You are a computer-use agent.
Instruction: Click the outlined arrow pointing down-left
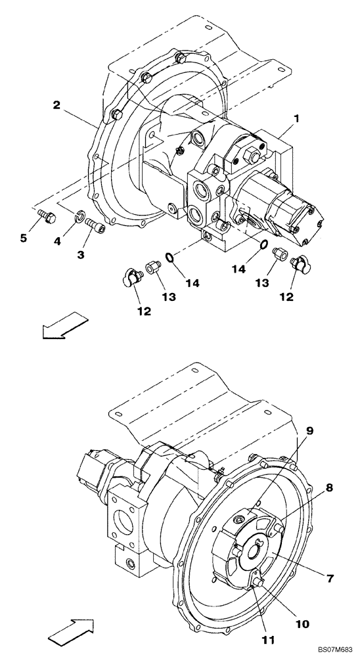64,325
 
